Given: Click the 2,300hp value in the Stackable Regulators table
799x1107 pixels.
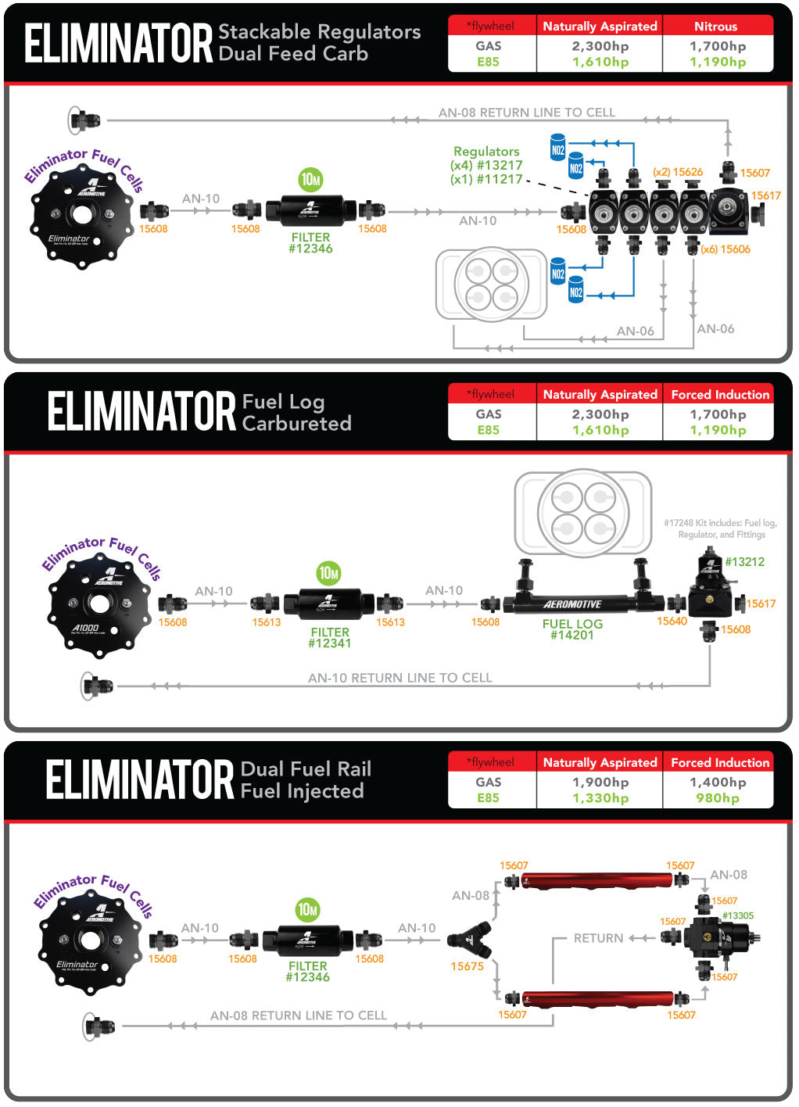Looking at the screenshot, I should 600,46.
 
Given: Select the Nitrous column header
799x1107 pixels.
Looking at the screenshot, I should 715,26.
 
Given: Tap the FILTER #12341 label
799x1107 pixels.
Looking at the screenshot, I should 330,638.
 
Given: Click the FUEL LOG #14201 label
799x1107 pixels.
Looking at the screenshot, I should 572,629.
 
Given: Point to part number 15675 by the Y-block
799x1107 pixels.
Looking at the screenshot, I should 467,966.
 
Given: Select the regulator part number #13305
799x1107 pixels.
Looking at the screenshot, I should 738,915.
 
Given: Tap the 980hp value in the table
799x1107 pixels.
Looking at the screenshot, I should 718,798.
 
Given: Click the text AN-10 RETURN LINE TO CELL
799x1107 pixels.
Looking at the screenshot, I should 399,678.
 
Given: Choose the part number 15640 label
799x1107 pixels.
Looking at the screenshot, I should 672,622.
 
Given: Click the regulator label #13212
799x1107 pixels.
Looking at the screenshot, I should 744,562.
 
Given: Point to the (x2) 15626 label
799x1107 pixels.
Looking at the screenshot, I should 678,172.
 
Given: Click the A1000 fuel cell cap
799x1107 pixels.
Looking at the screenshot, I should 99,603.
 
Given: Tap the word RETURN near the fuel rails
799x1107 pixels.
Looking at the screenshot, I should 598,938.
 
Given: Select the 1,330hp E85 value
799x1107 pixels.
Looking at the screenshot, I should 600,798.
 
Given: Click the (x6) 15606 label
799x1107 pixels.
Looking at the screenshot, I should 726,249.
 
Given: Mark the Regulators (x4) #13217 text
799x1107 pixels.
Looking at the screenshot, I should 486,165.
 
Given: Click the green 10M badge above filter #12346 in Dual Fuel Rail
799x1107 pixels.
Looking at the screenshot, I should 307,910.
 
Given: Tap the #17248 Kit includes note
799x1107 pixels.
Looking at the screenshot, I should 720,528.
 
